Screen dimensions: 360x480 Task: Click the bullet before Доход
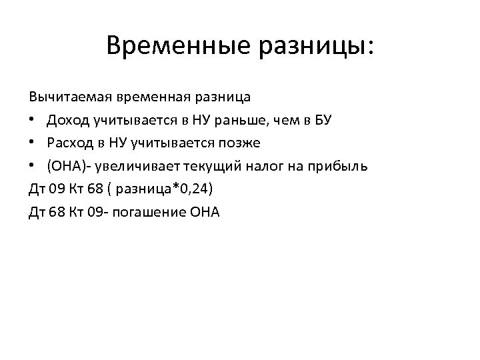(33, 121)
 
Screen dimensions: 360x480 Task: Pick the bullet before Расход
(33, 144)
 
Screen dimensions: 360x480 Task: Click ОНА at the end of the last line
(205, 213)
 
